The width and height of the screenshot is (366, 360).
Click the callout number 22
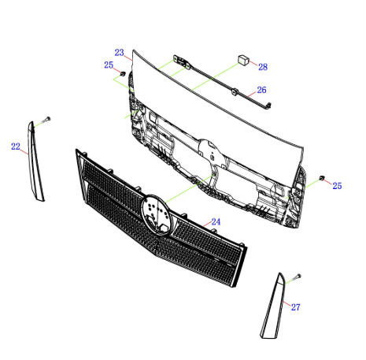click(16, 147)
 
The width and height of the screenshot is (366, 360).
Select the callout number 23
click(119, 53)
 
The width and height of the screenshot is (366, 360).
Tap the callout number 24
click(216, 222)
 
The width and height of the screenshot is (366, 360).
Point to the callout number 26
click(261, 90)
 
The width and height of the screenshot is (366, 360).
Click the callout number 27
click(296, 307)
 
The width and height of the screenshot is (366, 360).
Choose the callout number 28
click(263, 67)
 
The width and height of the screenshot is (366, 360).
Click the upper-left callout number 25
click(109, 65)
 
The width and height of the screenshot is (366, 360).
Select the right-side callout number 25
click(337, 186)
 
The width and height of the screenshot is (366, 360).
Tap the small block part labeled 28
click(243, 60)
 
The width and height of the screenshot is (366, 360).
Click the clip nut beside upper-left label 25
click(123, 73)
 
